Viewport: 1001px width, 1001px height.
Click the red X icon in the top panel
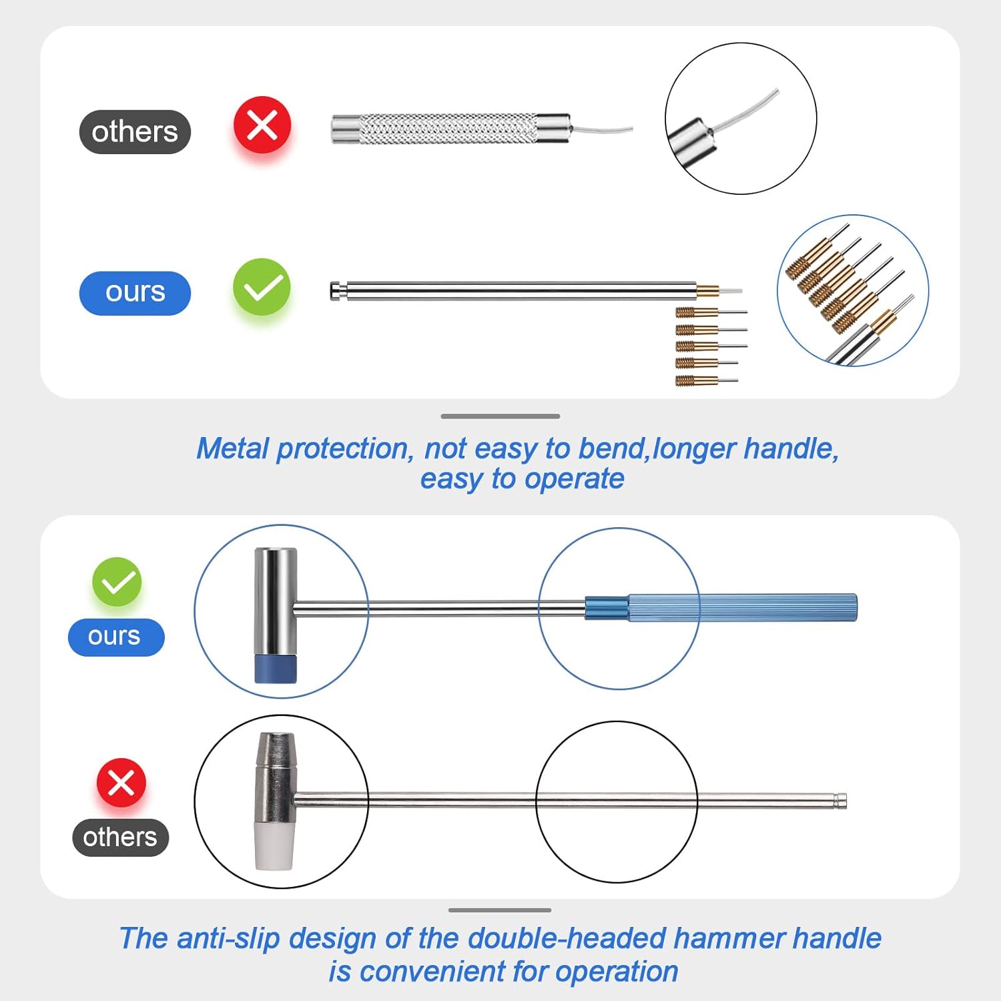pyautogui.click(x=262, y=125)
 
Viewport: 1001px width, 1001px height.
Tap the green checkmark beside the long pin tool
pyautogui.click(x=262, y=287)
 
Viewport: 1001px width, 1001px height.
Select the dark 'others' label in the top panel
pyautogui.click(x=135, y=132)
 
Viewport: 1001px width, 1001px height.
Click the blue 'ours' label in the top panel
pyautogui.click(x=135, y=293)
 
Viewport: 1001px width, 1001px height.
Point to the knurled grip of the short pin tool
pyautogui.click(x=447, y=128)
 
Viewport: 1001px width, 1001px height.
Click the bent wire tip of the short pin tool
pyautogui.click(x=604, y=129)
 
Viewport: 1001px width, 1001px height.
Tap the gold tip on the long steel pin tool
pyautogui.click(x=707, y=291)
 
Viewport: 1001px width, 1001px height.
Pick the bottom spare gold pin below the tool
pyautogui.click(x=697, y=381)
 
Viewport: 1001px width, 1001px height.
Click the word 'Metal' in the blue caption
pyautogui.click(x=233, y=448)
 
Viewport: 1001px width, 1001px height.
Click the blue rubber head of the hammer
pyautogui.click(x=276, y=669)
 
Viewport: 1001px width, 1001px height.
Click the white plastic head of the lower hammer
pyautogui.click(x=274, y=846)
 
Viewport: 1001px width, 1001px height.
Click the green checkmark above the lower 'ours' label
pyautogui.click(x=117, y=582)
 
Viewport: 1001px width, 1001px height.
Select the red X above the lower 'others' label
pyautogui.click(x=121, y=783)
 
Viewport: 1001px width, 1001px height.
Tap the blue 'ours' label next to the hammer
pyautogui.click(x=115, y=637)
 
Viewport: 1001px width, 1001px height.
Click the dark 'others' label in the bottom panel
pyautogui.click(x=120, y=838)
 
